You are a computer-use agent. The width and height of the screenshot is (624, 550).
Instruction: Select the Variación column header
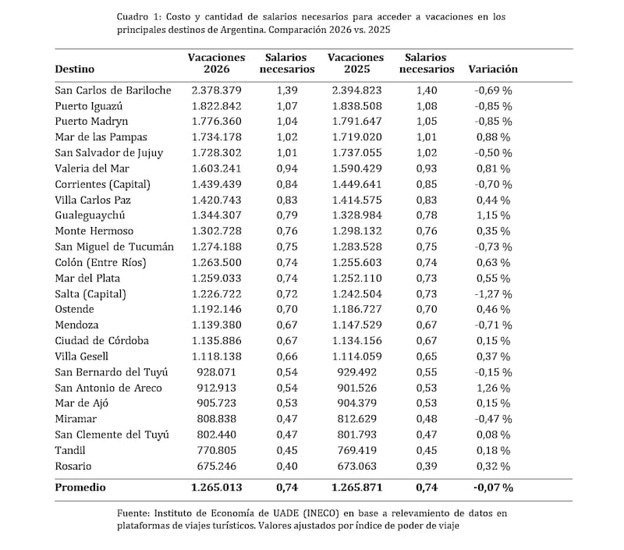pyautogui.click(x=493, y=69)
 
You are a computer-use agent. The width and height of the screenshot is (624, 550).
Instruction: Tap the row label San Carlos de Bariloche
pyautogui.click(x=113, y=90)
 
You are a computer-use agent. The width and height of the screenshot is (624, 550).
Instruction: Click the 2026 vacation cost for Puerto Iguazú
pyautogui.click(x=216, y=105)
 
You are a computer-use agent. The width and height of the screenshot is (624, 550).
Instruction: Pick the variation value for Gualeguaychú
pyautogui.click(x=493, y=215)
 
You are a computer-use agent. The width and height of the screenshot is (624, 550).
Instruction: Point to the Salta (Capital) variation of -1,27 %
pyautogui.click(x=493, y=293)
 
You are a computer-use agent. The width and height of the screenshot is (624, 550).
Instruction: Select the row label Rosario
pyautogui.click(x=73, y=466)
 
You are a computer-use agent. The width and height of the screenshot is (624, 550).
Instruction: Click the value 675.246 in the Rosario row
pyautogui.click(x=216, y=466)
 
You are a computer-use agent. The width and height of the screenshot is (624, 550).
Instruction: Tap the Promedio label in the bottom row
pyautogui.click(x=80, y=488)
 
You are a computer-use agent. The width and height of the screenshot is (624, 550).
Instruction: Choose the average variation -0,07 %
pyautogui.click(x=493, y=488)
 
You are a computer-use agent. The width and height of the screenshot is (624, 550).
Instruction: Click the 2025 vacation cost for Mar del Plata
pyautogui.click(x=356, y=278)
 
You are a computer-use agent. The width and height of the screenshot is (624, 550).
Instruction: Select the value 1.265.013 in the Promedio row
pyautogui.click(x=216, y=488)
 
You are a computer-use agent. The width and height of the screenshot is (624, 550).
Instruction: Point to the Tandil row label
pyautogui.click(x=71, y=450)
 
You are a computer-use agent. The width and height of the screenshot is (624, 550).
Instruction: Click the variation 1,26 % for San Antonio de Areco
pyautogui.click(x=493, y=388)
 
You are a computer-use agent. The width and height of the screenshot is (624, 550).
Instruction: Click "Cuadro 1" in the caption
pyautogui.click(x=140, y=16)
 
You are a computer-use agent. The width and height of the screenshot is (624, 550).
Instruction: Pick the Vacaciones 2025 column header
pyautogui.click(x=356, y=62)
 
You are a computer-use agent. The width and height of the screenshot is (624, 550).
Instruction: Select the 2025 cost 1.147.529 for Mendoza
pyautogui.click(x=356, y=325)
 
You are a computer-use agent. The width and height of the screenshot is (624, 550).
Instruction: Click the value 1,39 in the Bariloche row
pyautogui.click(x=287, y=90)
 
